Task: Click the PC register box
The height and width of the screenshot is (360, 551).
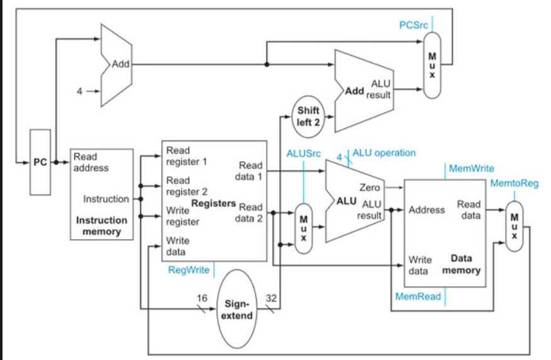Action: pos(40,162)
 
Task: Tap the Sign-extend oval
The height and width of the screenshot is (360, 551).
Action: pos(238,308)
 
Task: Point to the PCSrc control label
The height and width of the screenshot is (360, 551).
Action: pos(414,25)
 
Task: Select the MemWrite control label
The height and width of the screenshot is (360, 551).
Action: pos(471,169)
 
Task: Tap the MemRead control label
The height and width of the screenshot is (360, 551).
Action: pos(417,296)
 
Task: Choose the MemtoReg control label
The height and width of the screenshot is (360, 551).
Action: pos(514,183)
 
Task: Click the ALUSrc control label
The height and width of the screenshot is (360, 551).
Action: pos(303,153)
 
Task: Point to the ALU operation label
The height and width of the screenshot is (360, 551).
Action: pos(384,152)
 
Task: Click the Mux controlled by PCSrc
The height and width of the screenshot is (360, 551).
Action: pos(432,65)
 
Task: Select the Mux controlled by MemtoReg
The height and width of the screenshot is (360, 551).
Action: pos(514,226)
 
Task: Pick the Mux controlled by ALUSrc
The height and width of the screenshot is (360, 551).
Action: pos(303,228)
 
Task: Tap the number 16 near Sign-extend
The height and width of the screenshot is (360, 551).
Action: pos(202,297)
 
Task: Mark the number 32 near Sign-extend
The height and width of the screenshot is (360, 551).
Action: pos(272,297)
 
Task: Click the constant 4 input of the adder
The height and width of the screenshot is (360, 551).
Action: pos(80,91)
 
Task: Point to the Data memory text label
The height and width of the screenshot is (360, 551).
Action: pos(461,264)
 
